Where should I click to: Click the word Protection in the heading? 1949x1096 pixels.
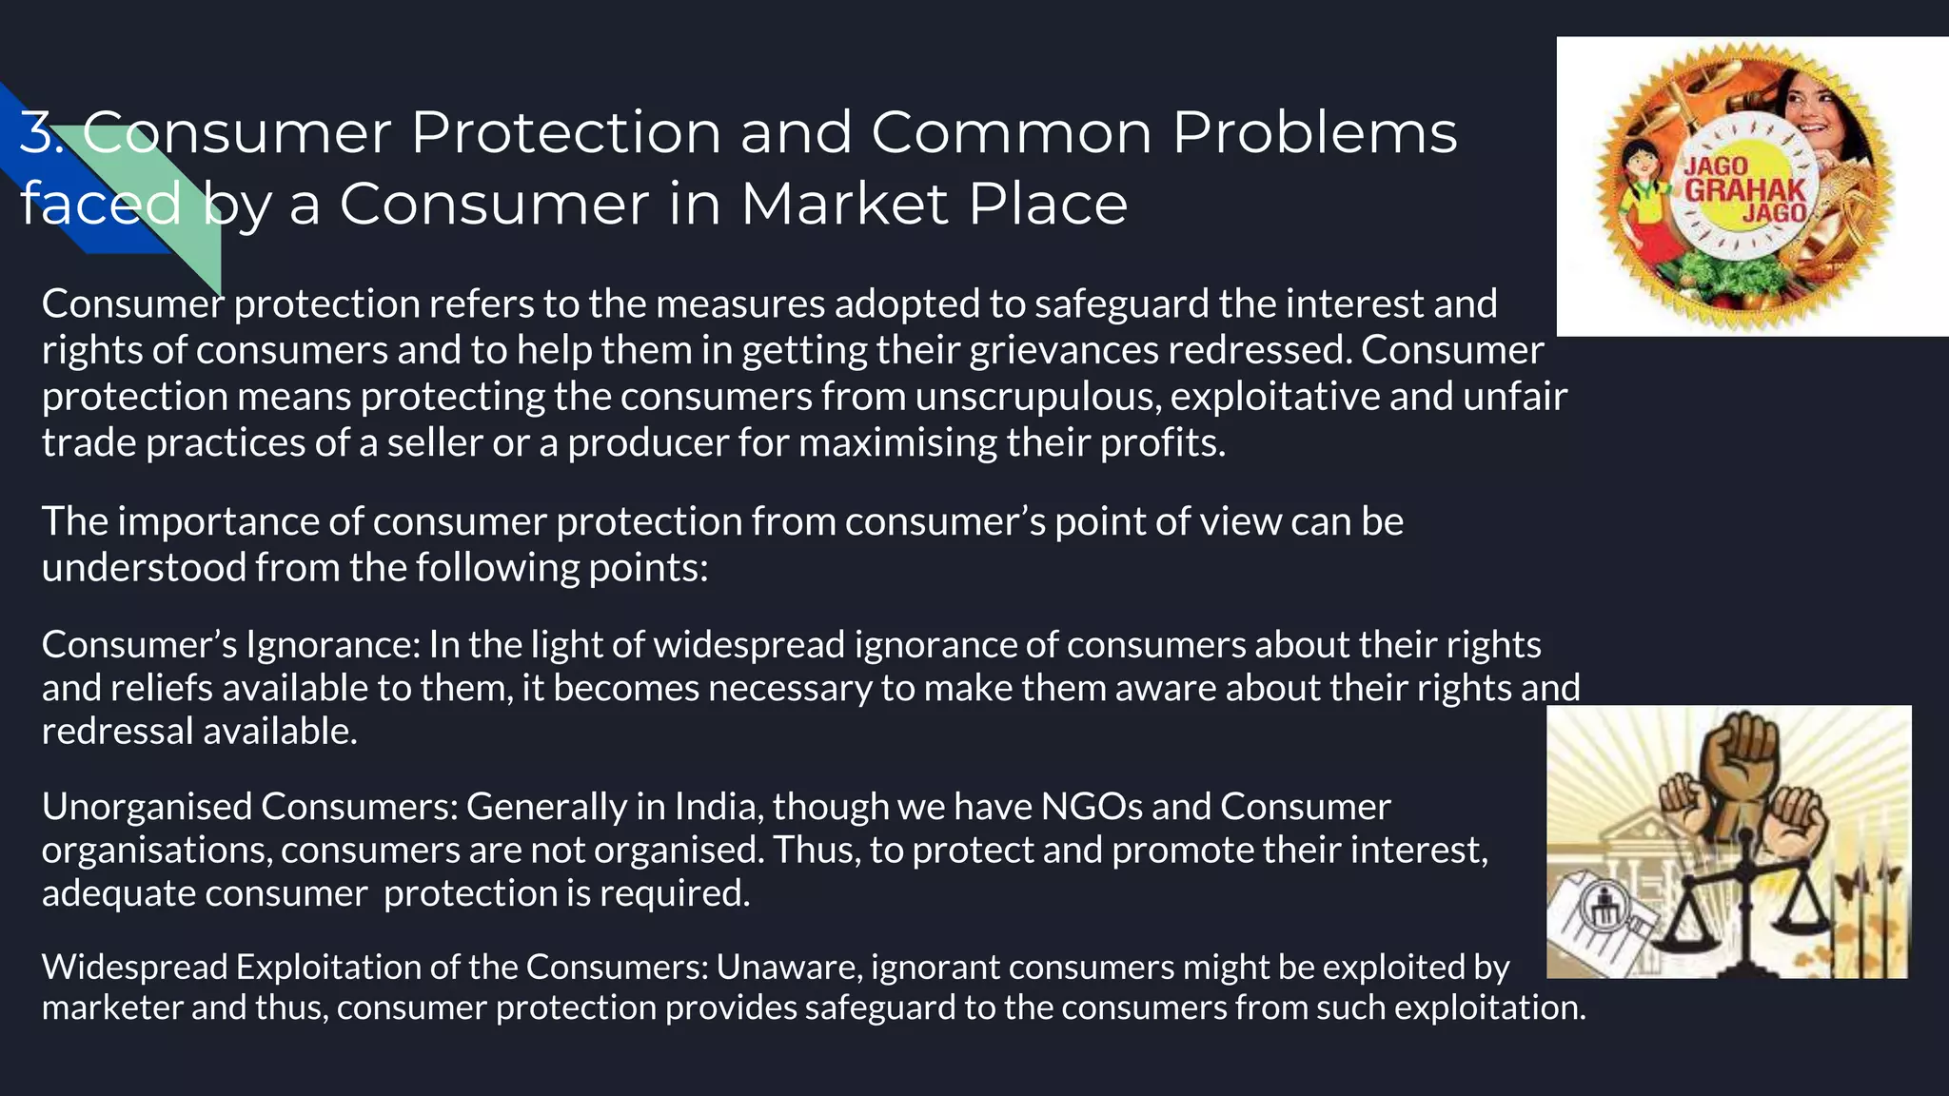tap(565, 132)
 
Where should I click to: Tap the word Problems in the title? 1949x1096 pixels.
tap(1314, 132)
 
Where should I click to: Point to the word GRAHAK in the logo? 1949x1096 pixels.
tap(1744, 188)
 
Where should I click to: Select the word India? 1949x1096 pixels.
tap(715, 807)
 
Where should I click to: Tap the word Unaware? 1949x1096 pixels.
tap(788, 967)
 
